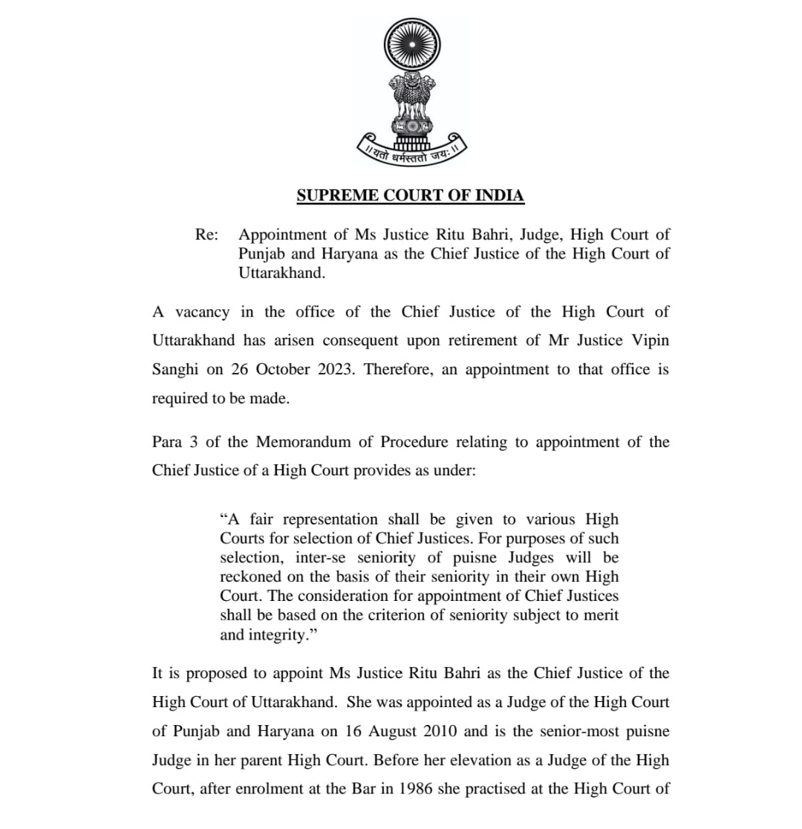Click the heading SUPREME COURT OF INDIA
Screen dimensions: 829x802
pyautogui.click(x=411, y=195)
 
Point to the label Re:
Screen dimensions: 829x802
pyautogui.click(x=206, y=235)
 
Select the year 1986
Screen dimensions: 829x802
pyautogui.click(x=416, y=790)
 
